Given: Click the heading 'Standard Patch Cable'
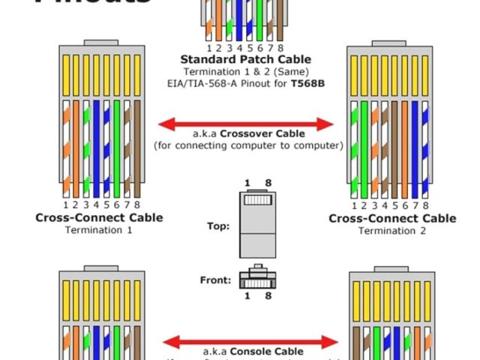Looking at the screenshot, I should (x=245, y=59).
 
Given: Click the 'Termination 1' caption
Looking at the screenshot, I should (x=99, y=230).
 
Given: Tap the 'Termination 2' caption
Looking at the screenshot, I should (x=391, y=230).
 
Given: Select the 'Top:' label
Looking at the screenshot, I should (x=219, y=225).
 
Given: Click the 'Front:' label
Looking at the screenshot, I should (x=215, y=280).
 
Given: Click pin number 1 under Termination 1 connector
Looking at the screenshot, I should (x=66, y=205).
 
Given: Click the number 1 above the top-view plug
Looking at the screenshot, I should (x=247, y=183).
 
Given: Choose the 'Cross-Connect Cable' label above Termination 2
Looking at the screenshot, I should (x=391, y=218).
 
